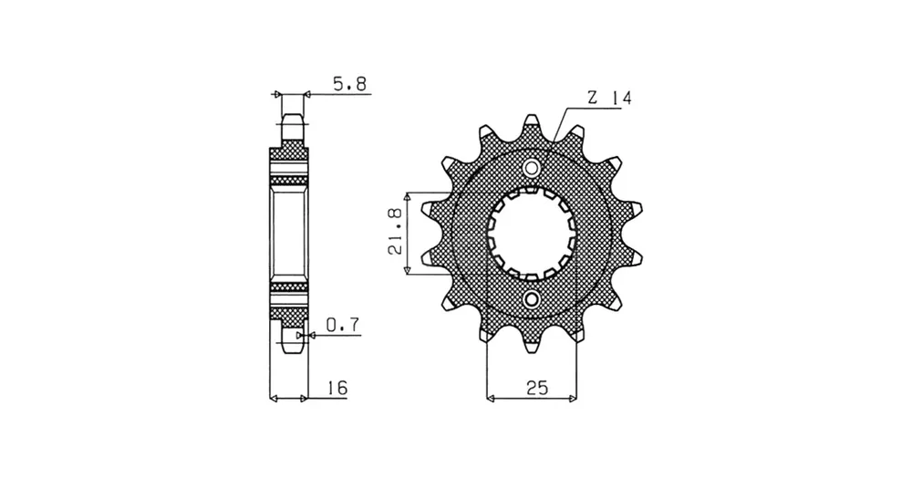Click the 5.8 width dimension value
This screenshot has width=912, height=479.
coord(349,85)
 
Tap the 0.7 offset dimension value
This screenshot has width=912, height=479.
coord(343,326)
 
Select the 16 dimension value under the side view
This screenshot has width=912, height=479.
coord(337,388)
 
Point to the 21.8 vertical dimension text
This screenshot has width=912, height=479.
coord(396,232)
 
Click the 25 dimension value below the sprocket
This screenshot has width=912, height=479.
coord(537,388)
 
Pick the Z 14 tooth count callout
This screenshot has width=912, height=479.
coord(609,99)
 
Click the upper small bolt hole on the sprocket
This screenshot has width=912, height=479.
coord(531,169)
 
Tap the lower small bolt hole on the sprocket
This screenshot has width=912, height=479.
coord(531,299)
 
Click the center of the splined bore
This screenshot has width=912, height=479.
coord(531,234)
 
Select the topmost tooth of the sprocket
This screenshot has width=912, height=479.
coord(531,125)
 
